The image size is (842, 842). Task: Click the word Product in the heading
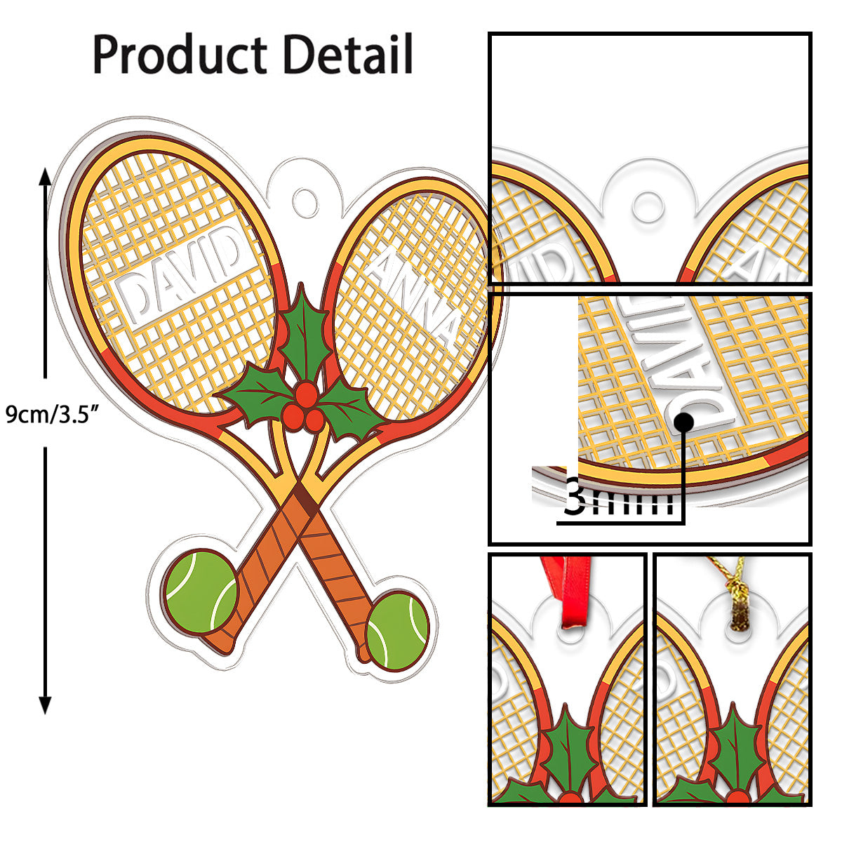(x=180, y=55)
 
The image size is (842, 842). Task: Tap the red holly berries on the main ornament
(x=307, y=407)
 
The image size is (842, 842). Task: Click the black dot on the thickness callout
(x=684, y=421)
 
